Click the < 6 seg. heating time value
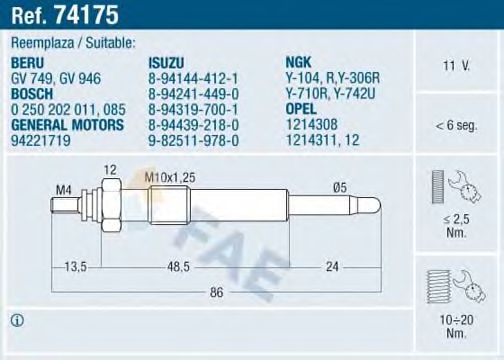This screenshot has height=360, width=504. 457,125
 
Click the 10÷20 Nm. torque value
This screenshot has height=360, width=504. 457,323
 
